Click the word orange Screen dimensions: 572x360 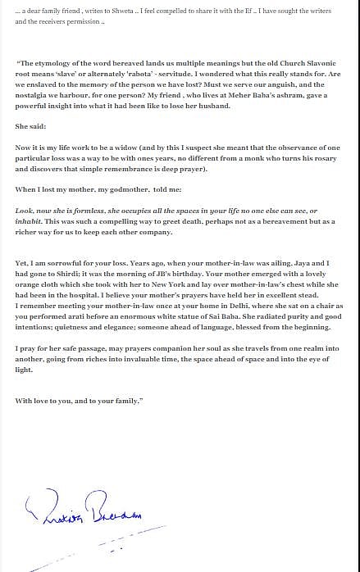(32, 284)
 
